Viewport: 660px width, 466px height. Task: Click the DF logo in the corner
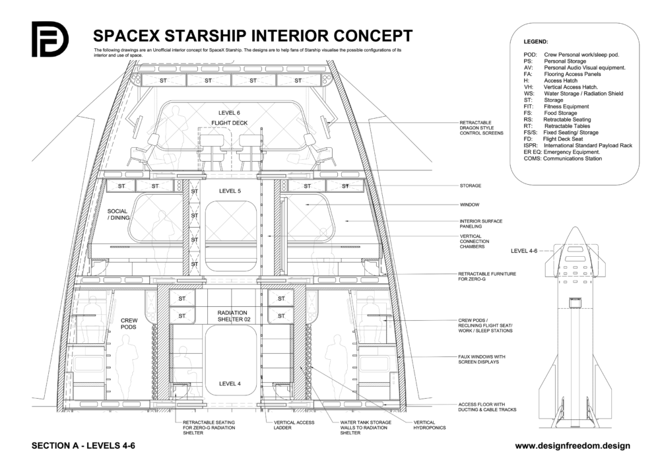click(x=49, y=40)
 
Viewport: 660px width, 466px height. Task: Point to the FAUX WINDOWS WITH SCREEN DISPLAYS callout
click(x=487, y=359)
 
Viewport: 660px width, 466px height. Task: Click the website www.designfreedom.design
click(x=572, y=446)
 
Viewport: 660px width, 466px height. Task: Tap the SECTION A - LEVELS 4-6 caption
click(x=83, y=446)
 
